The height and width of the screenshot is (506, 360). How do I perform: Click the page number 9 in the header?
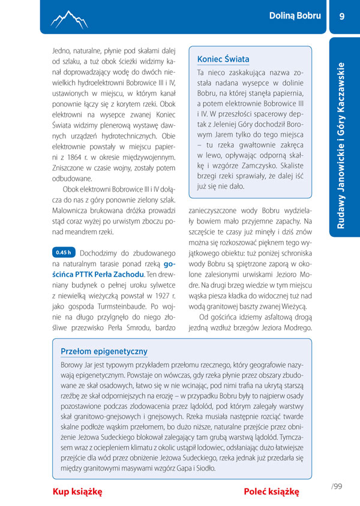point(342,16)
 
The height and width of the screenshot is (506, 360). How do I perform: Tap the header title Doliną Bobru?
point(295,16)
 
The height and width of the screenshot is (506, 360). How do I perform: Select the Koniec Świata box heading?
point(223,59)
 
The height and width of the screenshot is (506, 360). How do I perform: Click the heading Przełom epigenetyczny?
point(104,351)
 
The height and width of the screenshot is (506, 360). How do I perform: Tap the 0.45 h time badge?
point(63,252)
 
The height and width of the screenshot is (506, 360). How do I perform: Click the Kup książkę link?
point(77,492)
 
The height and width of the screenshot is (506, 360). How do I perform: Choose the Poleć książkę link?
point(271,492)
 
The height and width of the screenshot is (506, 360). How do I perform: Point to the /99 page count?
point(337,486)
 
